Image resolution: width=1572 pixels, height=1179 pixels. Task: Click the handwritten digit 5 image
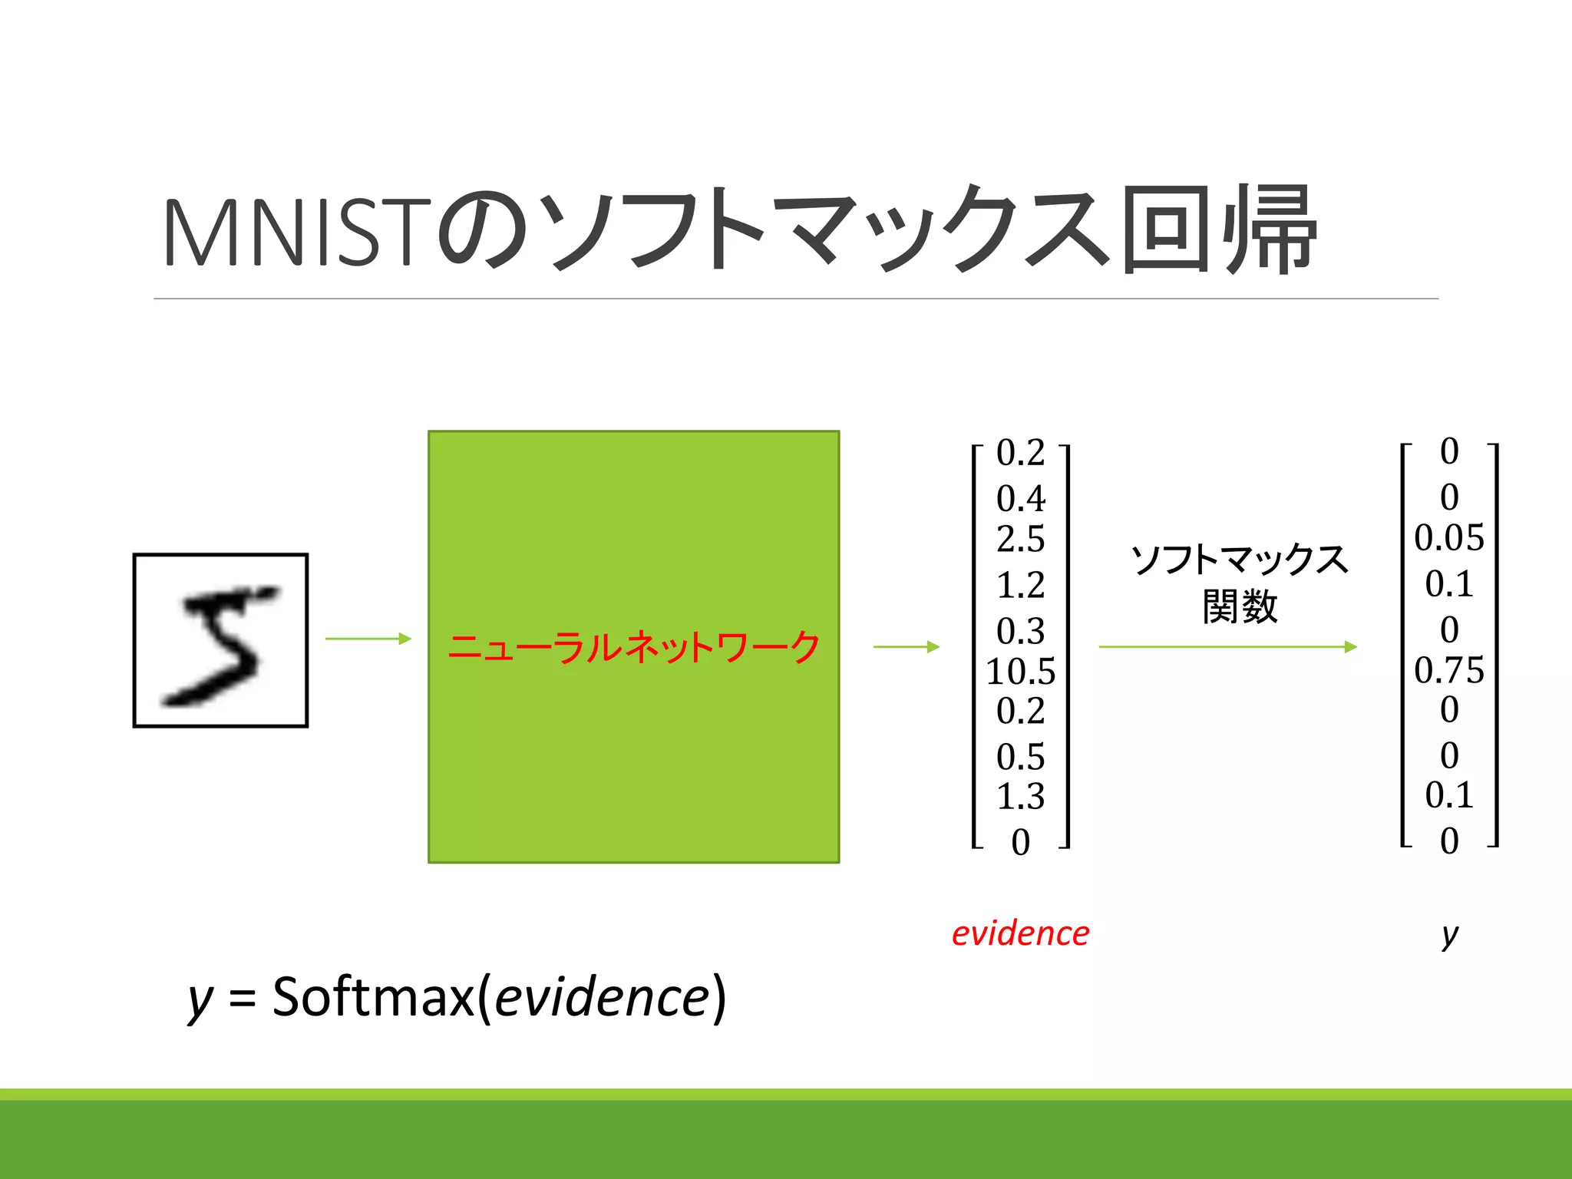click(220, 640)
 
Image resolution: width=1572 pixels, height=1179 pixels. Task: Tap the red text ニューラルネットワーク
click(633, 647)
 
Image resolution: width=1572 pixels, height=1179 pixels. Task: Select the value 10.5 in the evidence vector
click(1020, 672)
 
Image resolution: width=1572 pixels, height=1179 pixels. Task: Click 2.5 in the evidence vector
click(1020, 539)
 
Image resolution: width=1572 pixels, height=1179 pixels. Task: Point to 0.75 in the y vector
click(1448, 670)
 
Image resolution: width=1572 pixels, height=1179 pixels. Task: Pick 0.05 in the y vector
click(1448, 538)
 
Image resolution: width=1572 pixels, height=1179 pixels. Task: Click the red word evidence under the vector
click(1020, 933)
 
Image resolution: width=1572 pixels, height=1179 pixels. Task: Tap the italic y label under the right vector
click(1449, 935)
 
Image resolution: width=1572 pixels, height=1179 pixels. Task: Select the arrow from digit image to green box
click(368, 639)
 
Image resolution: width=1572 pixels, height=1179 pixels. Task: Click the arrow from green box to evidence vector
click(907, 647)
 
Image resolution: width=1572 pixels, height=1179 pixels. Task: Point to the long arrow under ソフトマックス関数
click(1228, 647)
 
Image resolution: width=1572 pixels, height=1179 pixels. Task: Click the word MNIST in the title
click(296, 232)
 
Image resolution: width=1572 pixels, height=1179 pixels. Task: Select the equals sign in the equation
click(242, 999)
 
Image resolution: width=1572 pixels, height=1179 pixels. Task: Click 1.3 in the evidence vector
click(1020, 797)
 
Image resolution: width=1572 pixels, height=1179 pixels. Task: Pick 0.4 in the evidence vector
click(1020, 499)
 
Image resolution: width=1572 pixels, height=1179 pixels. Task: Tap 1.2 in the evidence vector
click(1020, 585)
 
